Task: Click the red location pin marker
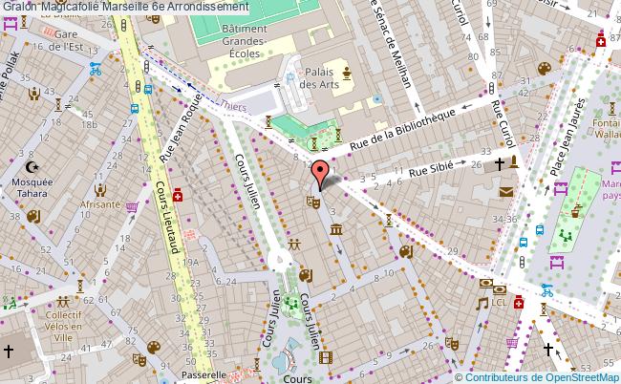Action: pos(322,174)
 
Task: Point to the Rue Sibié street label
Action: pos(430,171)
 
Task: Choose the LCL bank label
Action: pos(500,302)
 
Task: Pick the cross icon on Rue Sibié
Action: pos(498,164)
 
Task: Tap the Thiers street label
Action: pos(234,108)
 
